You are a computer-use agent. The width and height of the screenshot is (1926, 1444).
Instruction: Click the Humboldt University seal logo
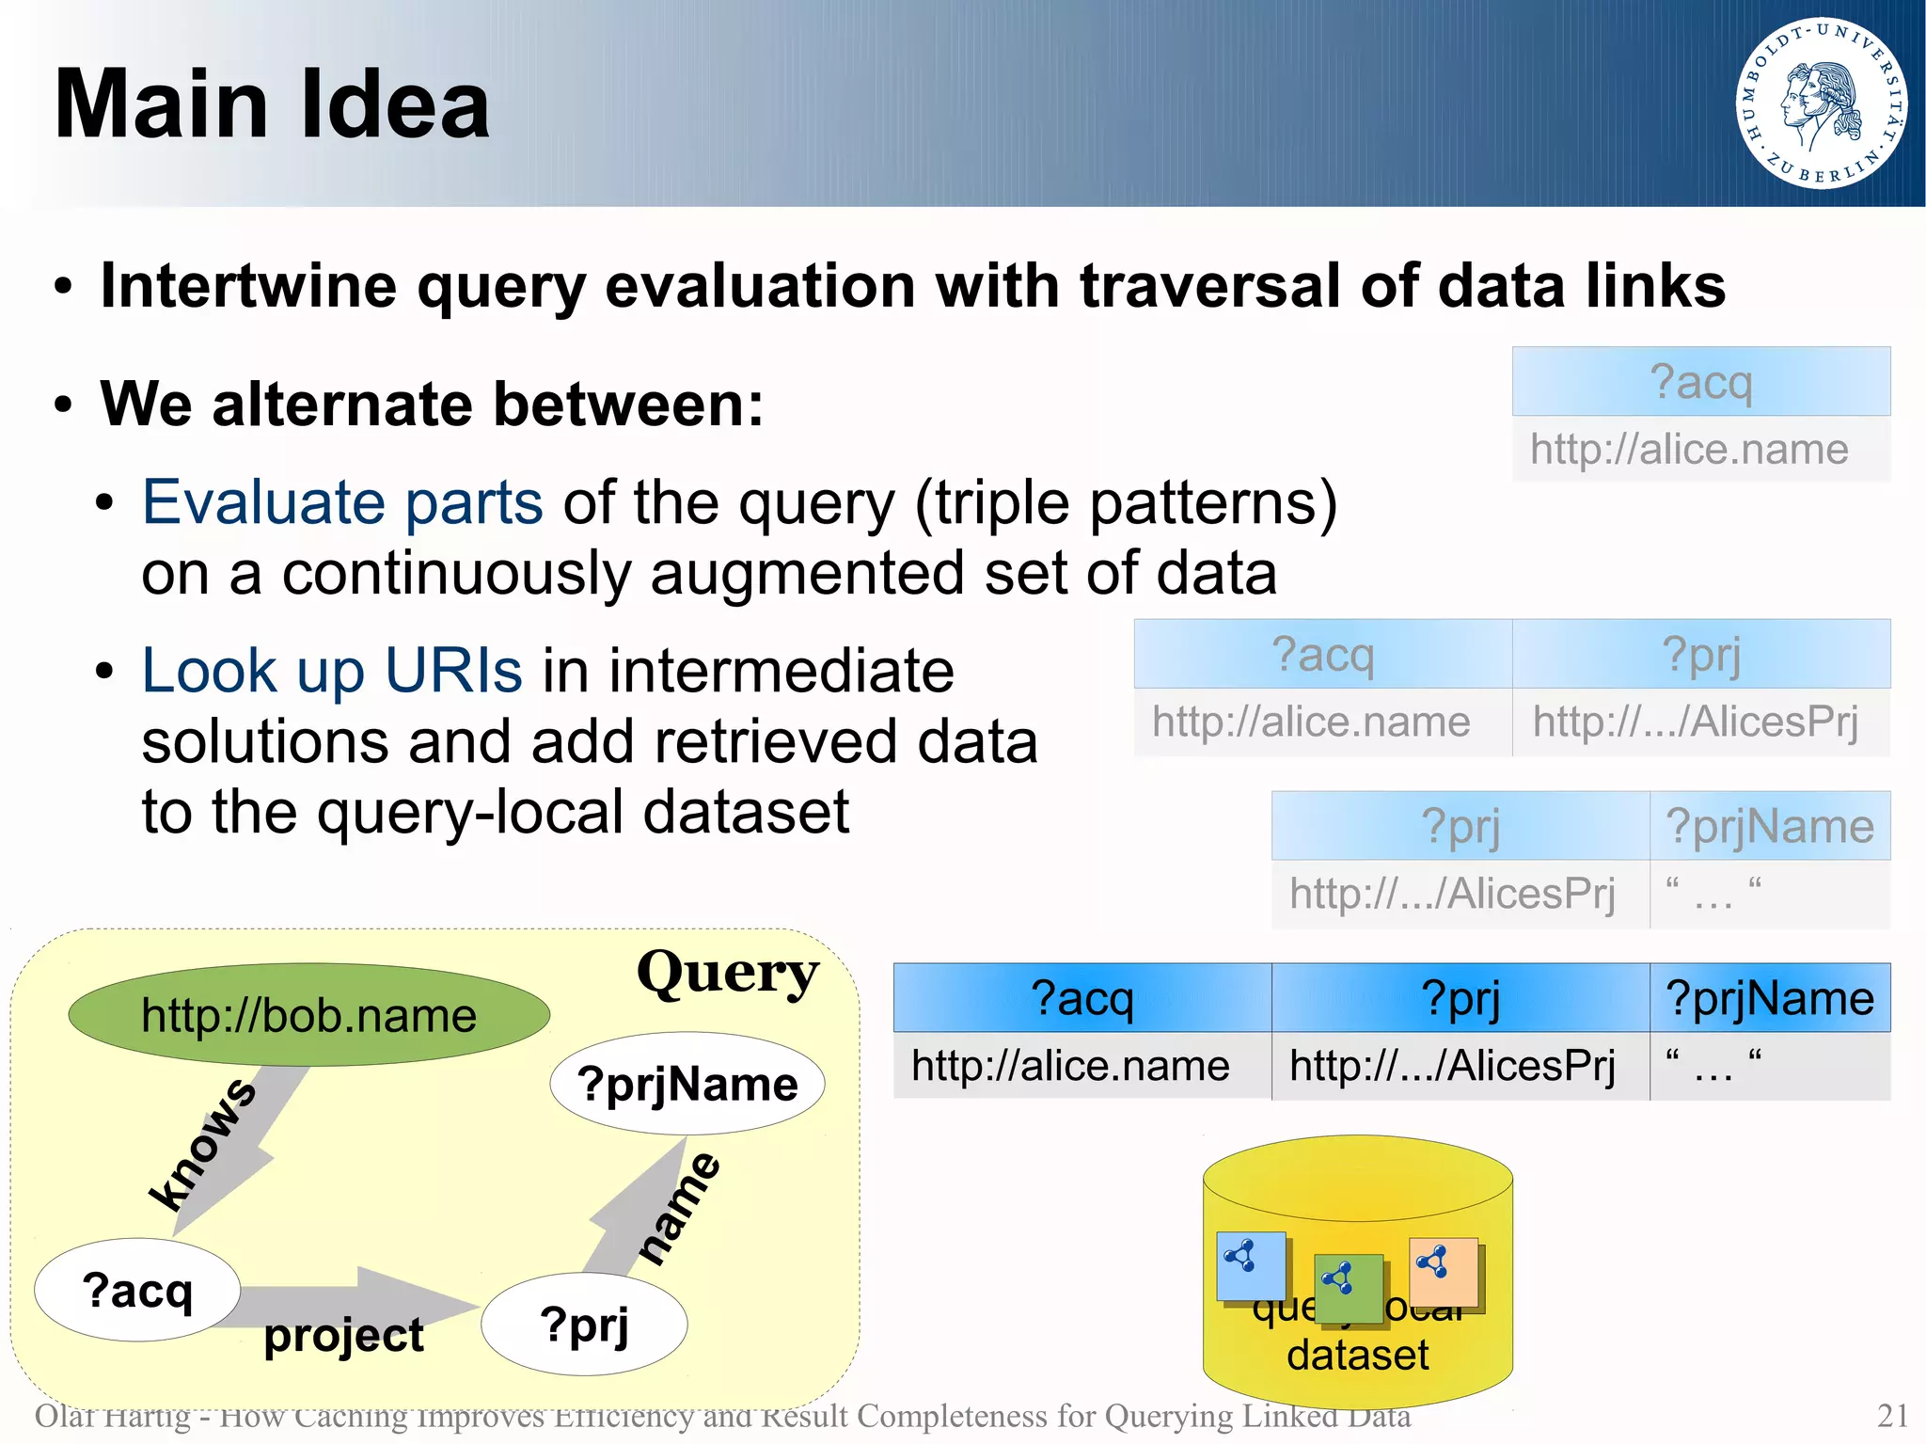coord(1821,103)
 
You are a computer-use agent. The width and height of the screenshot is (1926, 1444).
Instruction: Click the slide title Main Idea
coord(273,104)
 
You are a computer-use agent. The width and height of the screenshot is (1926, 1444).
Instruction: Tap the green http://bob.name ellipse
coord(308,1015)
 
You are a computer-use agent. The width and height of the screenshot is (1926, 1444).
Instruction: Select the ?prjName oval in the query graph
coord(687,1084)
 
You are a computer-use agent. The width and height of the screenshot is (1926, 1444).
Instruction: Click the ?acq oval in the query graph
coord(137,1290)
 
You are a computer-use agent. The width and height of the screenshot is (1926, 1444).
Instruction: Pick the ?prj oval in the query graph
coord(584,1325)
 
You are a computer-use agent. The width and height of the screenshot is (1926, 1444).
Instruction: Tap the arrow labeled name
coord(639,1209)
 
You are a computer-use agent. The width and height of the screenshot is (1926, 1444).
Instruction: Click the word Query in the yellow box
coord(727,974)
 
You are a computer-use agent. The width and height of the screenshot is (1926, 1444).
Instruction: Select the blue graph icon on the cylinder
coord(1251,1265)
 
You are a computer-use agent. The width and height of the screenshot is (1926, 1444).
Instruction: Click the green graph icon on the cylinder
coord(1349,1288)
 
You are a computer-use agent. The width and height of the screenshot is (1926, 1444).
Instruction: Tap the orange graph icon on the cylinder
coord(1444,1271)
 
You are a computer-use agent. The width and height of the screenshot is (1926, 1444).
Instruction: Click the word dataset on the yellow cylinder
coord(1357,1356)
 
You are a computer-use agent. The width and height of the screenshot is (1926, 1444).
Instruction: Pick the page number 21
coord(1892,1416)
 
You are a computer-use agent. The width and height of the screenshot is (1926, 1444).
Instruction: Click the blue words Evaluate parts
coord(342,502)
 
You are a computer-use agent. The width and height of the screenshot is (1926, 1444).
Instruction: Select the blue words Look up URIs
coord(331,671)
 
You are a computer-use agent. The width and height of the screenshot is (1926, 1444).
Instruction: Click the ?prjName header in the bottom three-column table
coord(1769,998)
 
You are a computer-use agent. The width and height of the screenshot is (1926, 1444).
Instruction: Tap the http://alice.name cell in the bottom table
coord(1070,1067)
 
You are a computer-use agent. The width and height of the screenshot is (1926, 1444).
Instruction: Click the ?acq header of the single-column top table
coord(1700,382)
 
